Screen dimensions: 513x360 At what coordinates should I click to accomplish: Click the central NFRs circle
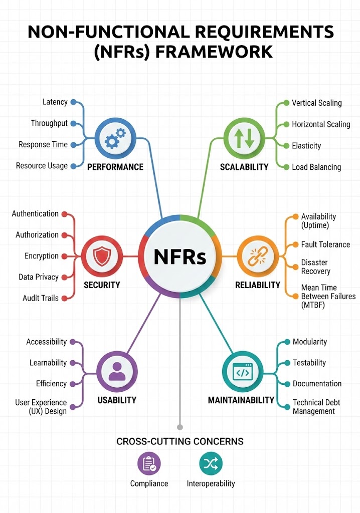tap(179, 256)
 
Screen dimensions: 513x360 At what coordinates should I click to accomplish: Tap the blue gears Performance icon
tap(115, 139)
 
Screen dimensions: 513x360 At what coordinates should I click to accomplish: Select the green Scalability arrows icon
tap(244, 139)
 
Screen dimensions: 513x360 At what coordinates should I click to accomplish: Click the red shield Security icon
tap(102, 256)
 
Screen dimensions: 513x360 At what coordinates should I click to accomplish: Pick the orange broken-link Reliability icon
tap(257, 256)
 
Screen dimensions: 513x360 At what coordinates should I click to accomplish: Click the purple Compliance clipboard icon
tap(149, 463)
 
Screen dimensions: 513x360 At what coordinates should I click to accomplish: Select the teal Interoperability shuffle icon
tap(211, 463)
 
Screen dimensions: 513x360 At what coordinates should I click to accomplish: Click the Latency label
tap(55, 102)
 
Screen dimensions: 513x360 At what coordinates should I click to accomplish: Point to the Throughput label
tap(49, 123)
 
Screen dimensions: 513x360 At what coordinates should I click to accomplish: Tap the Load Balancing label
tap(316, 167)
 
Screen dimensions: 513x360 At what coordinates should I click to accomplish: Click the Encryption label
tap(42, 256)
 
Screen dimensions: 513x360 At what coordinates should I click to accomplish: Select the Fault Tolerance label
tap(325, 244)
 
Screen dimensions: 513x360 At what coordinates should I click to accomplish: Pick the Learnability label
tap(48, 363)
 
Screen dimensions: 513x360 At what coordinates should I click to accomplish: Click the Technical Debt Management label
tap(313, 407)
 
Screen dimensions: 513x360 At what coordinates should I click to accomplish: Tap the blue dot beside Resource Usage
tap(73, 166)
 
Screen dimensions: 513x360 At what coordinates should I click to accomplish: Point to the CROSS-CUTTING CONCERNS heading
tap(180, 441)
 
